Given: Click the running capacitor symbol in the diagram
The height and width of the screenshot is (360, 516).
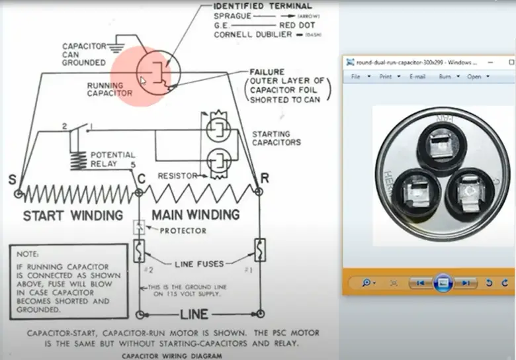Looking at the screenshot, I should (157, 71).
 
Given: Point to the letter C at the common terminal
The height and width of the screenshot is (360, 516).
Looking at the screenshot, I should (141, 179).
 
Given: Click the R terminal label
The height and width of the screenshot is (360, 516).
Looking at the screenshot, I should (264, 179).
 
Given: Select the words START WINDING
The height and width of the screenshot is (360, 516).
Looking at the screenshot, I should (73, 215).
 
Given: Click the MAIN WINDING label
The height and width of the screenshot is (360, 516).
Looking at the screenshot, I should (195, 215).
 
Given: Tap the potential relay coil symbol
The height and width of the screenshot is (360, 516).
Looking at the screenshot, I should (78, 159).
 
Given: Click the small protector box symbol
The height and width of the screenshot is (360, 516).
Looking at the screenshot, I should (139, 228).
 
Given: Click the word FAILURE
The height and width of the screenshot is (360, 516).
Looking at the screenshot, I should (267, 71).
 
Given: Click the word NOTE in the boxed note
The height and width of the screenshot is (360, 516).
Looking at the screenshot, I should (28, 254).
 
